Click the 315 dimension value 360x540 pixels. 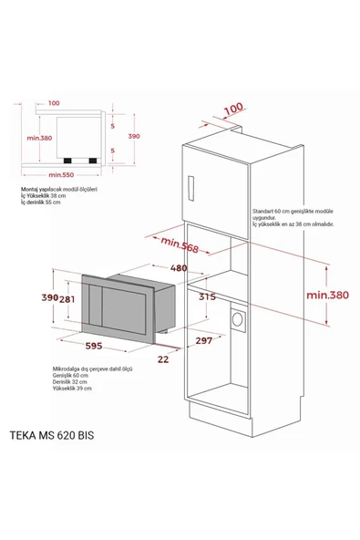(207, 296)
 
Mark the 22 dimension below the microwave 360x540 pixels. (162, 358)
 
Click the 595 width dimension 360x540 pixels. (89, 345)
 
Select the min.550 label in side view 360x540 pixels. (61, 172)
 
